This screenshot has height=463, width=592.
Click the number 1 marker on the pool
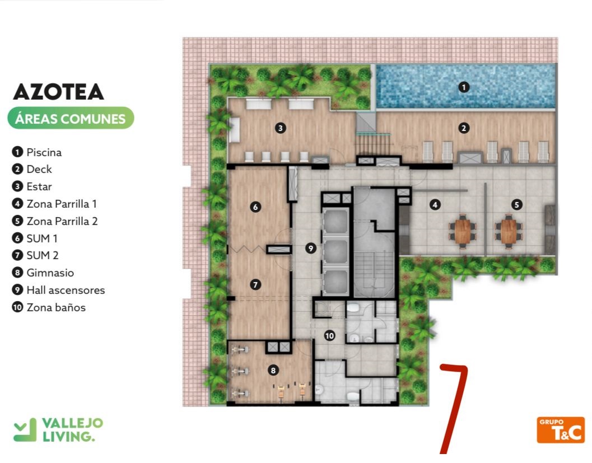click(464, 87)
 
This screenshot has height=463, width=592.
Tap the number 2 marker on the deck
click(464, 128)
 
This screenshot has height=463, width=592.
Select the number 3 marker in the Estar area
click(280, 128)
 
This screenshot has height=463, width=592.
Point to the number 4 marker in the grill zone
click(435, 205)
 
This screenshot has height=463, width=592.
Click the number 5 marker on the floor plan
click(516, 205)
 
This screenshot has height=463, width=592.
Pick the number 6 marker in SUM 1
click(255, 207)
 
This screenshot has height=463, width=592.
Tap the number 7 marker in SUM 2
click(255, 284)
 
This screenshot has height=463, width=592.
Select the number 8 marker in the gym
click(273, 370)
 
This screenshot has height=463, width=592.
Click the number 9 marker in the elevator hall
click(311, 248)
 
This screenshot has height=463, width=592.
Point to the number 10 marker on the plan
click(329, 336)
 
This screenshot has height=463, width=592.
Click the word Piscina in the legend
click(44, 152)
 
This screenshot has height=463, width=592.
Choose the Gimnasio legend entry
click(50, 273)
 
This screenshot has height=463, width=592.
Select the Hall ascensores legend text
click(66, 290)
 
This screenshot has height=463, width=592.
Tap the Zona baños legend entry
click(56, 307)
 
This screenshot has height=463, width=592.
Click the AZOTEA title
click(58, 92)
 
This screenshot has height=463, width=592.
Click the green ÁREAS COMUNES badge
click(71, 119)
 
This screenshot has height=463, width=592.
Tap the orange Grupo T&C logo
click(561, 430)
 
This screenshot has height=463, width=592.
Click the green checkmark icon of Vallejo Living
click(25, 430)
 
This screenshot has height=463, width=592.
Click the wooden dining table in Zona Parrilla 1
click(463, 231)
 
